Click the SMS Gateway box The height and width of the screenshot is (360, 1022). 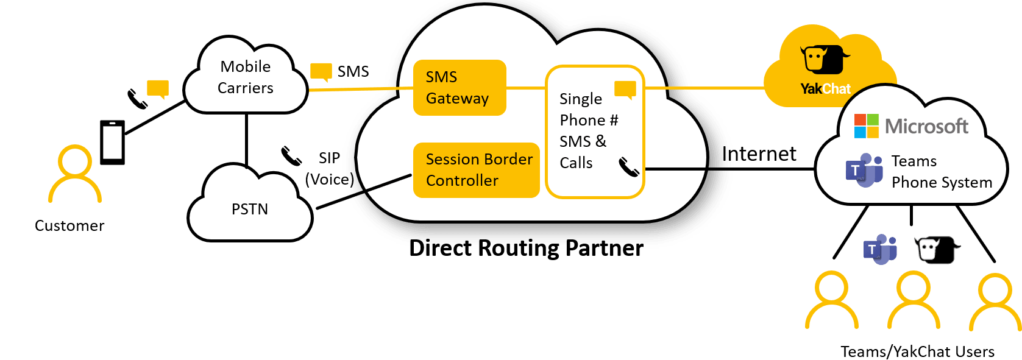(x=460, y=88)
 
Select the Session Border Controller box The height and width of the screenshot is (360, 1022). (x=477, y=170)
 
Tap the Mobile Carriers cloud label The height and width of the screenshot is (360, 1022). (x=246, y=77)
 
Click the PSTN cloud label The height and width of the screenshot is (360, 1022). (x=250, y=210)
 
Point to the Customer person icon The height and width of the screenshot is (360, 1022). (x=75, y=175)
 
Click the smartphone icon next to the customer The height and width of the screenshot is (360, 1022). (x=112, y=142)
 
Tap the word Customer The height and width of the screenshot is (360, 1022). (x=69, y=226)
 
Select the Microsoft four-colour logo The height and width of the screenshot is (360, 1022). (x=866, y=126)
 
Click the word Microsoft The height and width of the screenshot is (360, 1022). (x=926, y=127)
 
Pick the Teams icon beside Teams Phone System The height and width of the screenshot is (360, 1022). (x=864, y=171)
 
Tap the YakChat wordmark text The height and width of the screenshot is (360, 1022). (x=825, y=89)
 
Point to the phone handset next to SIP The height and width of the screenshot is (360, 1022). (x=291, y=156)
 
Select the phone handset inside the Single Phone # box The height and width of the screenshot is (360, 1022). (x=628, y=166)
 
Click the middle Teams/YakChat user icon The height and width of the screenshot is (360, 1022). (x=912, y=298)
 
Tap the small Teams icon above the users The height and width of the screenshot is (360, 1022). (x=879, y=249)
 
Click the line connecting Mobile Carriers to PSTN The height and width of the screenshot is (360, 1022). (x=247, y=139)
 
